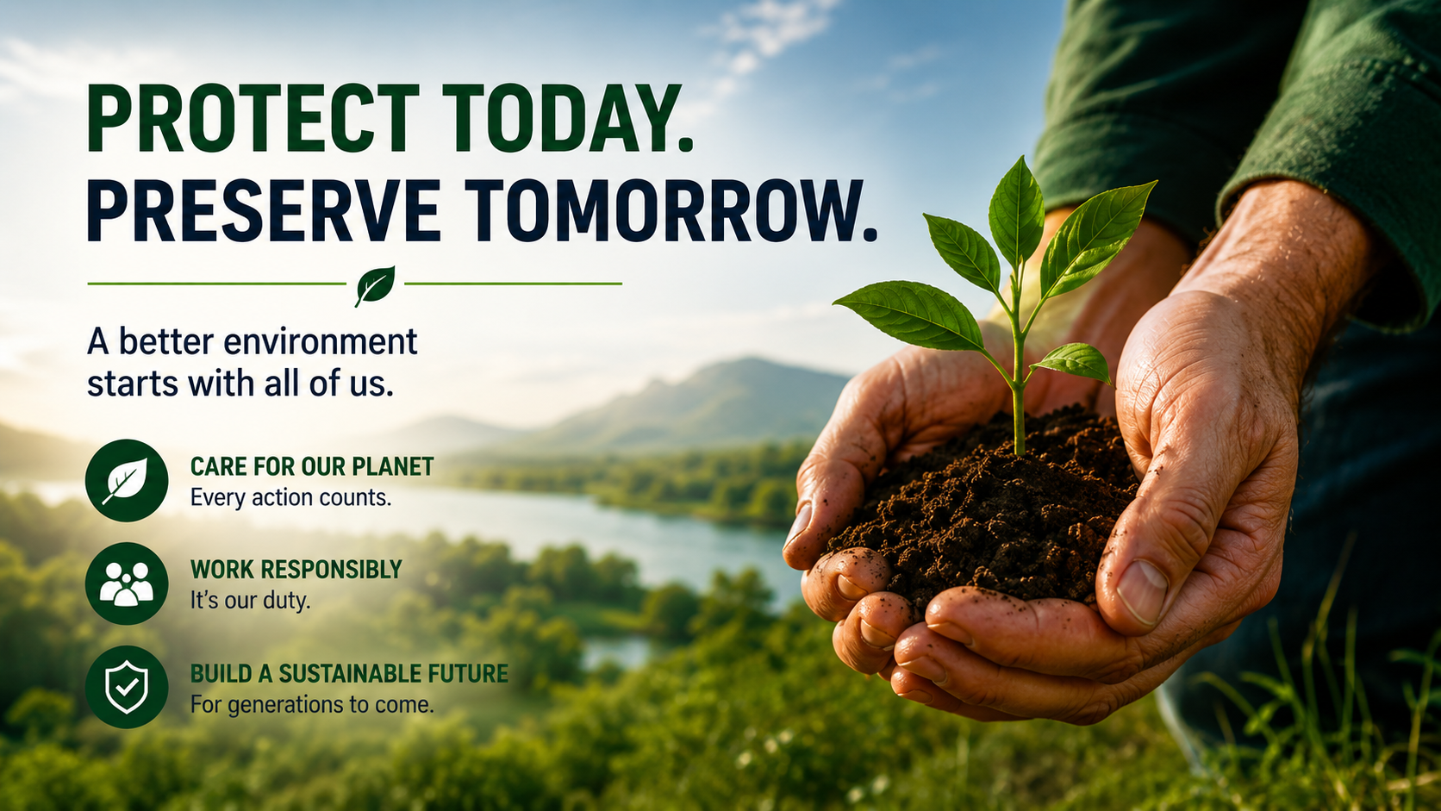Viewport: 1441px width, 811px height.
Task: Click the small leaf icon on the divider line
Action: pyautogui.click(x=375, y=285)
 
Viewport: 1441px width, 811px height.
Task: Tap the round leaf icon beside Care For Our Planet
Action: pyautogui.click(x=127, y=480)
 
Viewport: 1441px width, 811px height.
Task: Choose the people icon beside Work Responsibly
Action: pyautogui.click(x=127, y=583)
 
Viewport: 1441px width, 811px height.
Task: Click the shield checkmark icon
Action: pyautogui.click(x=127, y=687)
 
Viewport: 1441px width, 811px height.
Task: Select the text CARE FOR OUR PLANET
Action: pyautogui.click(x=312, y=466)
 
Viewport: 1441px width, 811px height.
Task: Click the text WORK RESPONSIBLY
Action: pyautogui.click(x=296, y=569)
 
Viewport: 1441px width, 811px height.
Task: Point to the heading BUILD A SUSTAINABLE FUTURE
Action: pyautogui.click(x=349, y=673)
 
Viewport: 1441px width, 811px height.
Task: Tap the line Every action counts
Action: pyautogui.click(x=290, y=498)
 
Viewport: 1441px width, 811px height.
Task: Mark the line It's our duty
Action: pyautogui.click(x=250, y=601)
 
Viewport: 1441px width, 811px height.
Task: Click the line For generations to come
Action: pyautogui.click(x=312, y=705)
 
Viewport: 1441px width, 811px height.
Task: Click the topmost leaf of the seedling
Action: pyautogui.click(x=1016, y=211)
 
